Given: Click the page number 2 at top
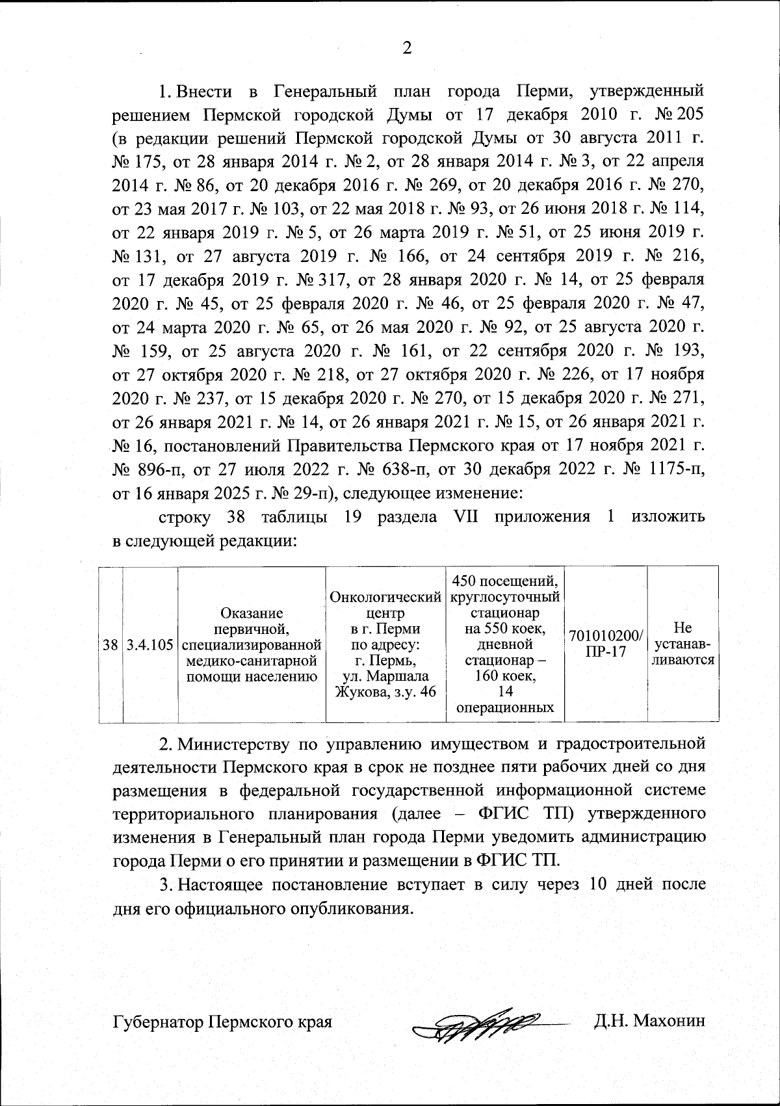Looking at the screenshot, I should click(408, 48).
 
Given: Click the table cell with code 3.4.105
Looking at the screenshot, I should click(150, 645).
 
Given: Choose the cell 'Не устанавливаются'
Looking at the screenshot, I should click(682, 644).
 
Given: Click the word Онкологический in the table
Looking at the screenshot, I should click(386, 596).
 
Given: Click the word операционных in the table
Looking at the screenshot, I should click(506, 707).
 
